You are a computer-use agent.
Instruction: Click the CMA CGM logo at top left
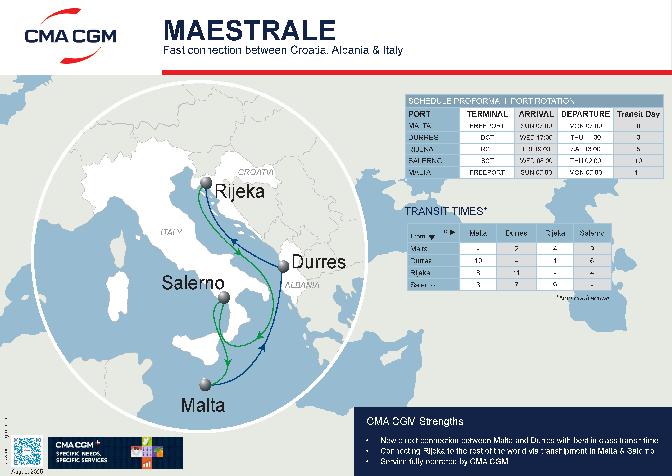pos(70,36)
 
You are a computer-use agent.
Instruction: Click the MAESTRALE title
pos(249,31)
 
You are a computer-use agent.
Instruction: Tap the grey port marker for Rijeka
pos(206,183)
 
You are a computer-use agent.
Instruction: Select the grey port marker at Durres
pos(283,266)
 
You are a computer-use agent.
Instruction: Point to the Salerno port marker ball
pos(224,298)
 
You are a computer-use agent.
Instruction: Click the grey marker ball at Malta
pos(205,384)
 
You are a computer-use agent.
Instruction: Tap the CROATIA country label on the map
pos(256,172)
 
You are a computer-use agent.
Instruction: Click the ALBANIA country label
pos(302,285)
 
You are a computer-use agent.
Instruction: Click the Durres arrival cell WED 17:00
pos(536,137)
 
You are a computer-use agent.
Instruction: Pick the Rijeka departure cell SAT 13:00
pos(585,149)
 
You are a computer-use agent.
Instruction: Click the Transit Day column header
pos(638,114)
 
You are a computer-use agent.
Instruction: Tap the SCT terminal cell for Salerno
pos(487,161)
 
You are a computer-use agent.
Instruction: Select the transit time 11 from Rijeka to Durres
pos(516,273)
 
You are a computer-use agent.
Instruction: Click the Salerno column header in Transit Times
pos(592,233)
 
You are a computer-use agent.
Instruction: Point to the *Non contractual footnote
pos(582,298)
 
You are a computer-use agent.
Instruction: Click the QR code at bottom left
pos(27,451)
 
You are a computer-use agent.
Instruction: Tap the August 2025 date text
pos(27,471)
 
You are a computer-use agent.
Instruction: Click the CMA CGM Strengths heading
pos(415,422)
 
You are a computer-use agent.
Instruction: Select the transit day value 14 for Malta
pos(638,173)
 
